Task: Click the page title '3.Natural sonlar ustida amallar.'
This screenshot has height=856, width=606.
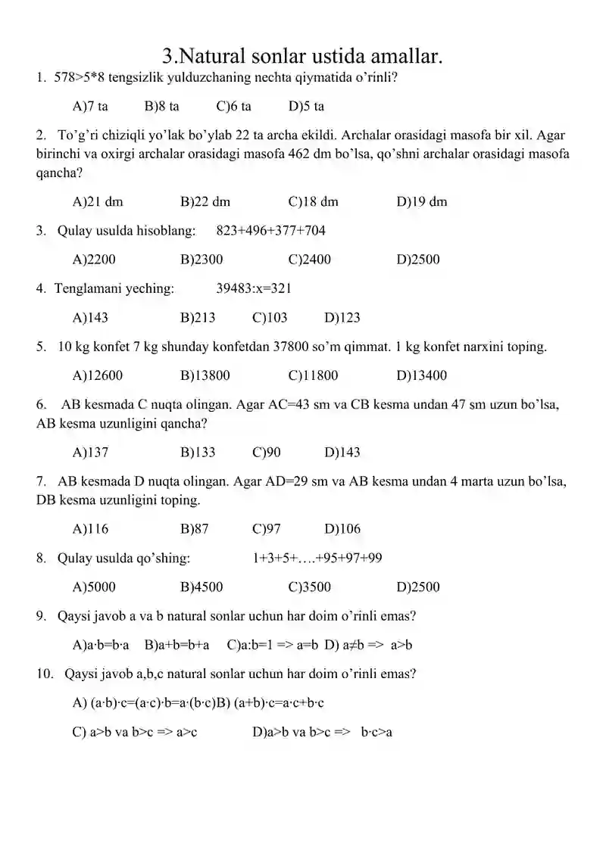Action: pyautogui.click(x=302, y=55)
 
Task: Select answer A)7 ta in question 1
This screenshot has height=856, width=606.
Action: pyautogui.click(x=90, y=107)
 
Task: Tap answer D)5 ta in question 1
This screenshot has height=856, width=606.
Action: pyautogui.click(x=306, y=107)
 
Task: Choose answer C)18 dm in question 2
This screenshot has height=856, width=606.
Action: pyautogui.click(x=314, y=202)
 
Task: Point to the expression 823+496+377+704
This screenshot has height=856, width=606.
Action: pyautogui.click(x=270, y=231)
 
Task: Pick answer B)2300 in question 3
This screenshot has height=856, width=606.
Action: pyautogui.click(x=201, y=260)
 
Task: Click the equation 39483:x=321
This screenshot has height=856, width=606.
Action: pyautogui.click(x=254, y=288)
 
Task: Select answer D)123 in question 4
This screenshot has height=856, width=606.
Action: pyautogui.click(x=342, y=318)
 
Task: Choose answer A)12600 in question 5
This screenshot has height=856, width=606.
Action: pyautogui.click(x=98, y=375)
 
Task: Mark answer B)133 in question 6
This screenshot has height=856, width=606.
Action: pyautogui.click(x=198, y=453)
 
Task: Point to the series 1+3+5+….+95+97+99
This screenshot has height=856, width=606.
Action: pyautogui.click(x=317, y=559)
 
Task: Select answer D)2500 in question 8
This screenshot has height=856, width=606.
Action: pyautogui.click(x=417, y=587)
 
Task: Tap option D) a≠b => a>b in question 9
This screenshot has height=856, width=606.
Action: pyautogui.click(x=368, y=645)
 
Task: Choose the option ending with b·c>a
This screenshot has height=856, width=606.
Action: pyautogui.click(x=323, y=732)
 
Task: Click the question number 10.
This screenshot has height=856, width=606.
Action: pyautogui.click(x=44, y=673)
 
